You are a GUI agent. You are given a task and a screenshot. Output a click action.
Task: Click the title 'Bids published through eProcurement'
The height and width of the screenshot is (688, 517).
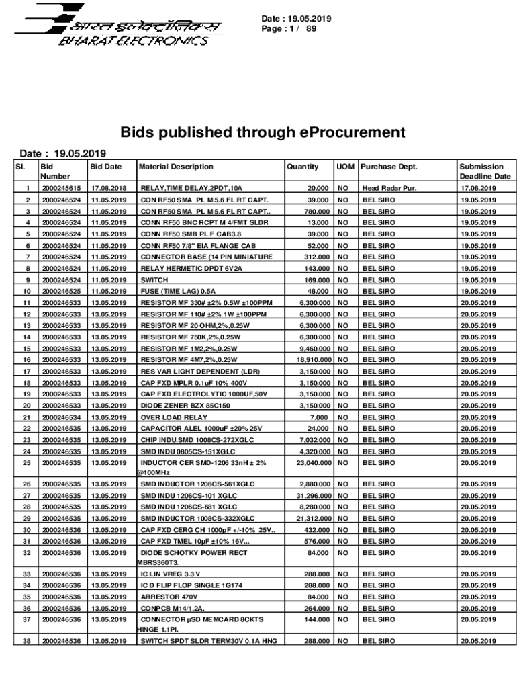263,132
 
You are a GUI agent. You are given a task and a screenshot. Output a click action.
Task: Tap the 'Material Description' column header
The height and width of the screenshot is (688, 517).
176,167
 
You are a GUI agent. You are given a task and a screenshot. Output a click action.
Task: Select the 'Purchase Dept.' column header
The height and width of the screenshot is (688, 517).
389,167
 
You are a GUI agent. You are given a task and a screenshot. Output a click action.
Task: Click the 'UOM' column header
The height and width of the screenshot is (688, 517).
345,167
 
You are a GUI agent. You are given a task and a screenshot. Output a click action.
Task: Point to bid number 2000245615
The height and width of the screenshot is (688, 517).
61,189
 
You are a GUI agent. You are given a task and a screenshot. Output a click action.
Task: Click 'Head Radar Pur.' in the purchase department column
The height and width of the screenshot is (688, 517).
389,189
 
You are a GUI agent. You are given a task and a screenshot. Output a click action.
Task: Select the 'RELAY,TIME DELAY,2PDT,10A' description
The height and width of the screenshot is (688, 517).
191,189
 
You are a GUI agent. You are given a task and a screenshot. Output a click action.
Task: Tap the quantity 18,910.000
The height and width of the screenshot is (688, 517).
310,360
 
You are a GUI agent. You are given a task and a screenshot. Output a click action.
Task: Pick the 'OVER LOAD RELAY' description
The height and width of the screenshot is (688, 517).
169,417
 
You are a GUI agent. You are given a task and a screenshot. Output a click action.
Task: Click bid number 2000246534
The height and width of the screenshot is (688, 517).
61,417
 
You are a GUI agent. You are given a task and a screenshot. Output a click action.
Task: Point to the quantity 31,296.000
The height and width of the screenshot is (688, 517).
310,496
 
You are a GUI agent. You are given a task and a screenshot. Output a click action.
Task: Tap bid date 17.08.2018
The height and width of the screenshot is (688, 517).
109,189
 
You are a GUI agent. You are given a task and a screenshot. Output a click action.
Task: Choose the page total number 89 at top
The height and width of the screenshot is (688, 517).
311,29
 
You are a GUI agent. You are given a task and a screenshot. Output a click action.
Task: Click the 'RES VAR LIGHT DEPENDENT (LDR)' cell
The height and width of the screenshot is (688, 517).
190,372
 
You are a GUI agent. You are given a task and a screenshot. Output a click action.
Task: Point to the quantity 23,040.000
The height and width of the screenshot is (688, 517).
310,463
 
